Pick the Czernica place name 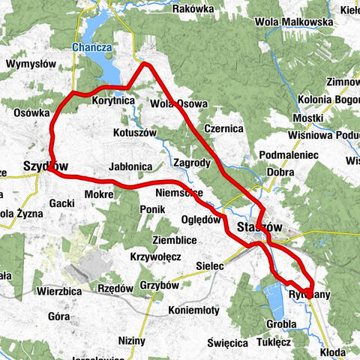(223, 128)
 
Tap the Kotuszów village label (133, 132)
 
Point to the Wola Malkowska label (294, 22)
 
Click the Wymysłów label (31, 64)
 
